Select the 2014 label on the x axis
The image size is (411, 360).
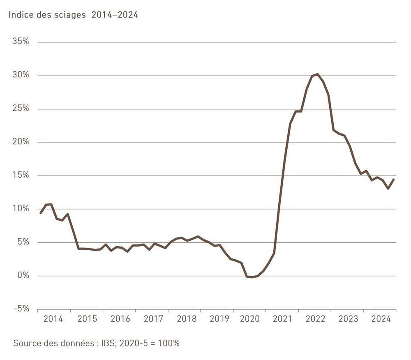[x=53, y=319]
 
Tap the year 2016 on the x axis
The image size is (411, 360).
[x=120, y=319]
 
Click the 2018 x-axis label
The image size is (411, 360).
[x=187, y=319]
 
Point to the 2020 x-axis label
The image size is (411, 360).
[x=250, y=319]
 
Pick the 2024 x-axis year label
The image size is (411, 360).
[x=380, y=319]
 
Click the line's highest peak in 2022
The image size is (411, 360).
[x=317, y=74]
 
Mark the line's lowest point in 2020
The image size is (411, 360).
[x=252, y=277]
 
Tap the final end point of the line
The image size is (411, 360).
[x=394, y=179]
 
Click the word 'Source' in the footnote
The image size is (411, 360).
[x=27, y=343]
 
